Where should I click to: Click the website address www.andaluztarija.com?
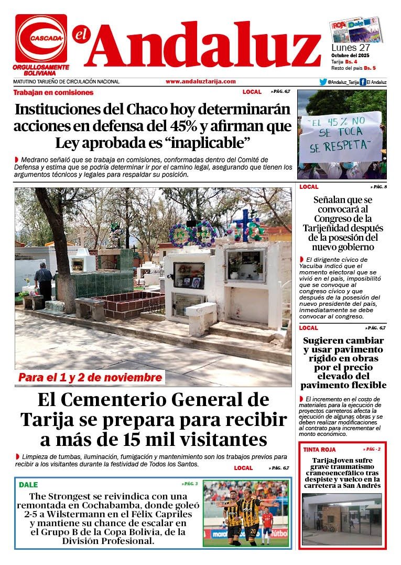coord(200,81)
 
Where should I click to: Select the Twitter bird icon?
coord(323,82)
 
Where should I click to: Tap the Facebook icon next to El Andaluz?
coord(362,82)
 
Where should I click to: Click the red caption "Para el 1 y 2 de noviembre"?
coord(90,378)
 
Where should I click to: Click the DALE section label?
coord(28,485)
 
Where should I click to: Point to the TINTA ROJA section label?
coord(319,450)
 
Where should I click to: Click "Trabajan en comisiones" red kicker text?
coord(53,92)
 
